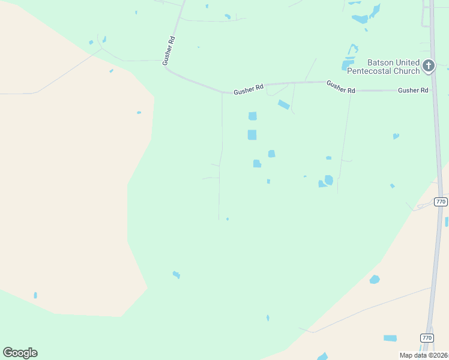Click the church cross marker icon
pyautogui.click(x=428, y=65)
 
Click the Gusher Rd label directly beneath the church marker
pyautogui.click(x=413, y=91)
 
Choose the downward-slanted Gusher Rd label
pyautogui.click(x=340, y=87)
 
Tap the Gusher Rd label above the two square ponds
pyautogui.click(x=249, y=88)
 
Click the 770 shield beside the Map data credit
pyautogui.click(x=426, y=338)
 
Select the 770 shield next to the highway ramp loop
pyautogui.click(x=441, y=202)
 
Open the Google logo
pyautogui.click(x=20, y=353)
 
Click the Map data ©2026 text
pyautogui.click(x=424, y=355)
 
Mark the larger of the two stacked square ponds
pyautogui.click(x=252, y=135)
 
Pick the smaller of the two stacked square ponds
pyautogui.click(x=252, y=116)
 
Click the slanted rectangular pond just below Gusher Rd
pyautogui.click(x=284, y=105)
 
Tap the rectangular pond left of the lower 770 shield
pyautogui.click(x=390, y=338)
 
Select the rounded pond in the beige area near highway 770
pyautogui.click(x=375, y=279)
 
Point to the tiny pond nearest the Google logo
pyautogui.click(x=35, y=295)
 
